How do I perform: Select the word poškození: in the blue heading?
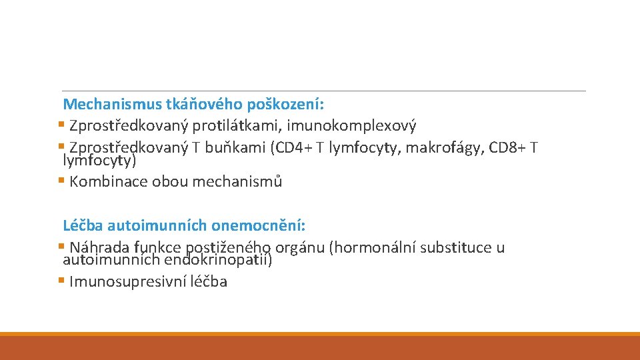coord(286,105)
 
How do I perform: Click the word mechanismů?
coord(237,181)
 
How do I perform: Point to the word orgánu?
coord(301,248)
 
